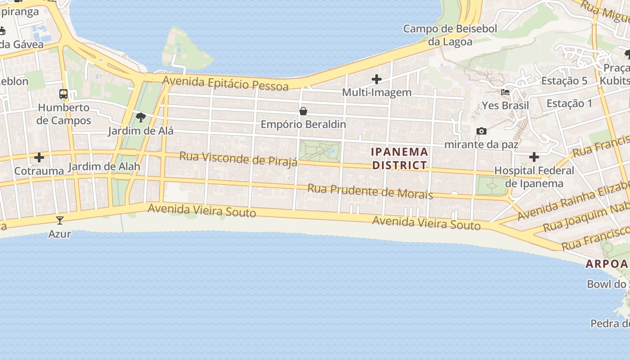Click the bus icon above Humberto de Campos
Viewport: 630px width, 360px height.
point(63,94)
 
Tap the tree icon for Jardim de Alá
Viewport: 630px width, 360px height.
point(141,118)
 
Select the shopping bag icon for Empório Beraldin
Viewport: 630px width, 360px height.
point(303,111)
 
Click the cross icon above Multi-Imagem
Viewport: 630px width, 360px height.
point(377,79)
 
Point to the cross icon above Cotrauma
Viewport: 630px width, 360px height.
point(39,157)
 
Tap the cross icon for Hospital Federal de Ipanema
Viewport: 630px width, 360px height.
point(534,157)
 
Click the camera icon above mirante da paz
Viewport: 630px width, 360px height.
point(481,131)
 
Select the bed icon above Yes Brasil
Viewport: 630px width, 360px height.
point(505,92)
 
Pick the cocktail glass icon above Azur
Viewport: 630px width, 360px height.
point(60,220)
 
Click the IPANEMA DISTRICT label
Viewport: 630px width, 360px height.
point(400,158)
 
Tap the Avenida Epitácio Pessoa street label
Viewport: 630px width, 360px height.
point(225,83)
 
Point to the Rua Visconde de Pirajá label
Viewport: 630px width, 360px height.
point(238,159)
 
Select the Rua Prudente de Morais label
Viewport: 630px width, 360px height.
point(370,191)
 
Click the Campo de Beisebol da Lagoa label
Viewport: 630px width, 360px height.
point(450,36)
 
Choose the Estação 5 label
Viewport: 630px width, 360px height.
point(564,81)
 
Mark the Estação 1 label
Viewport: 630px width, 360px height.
point(569,103)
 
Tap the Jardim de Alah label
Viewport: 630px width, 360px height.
point(104,166)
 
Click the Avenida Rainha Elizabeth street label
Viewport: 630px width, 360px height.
point(574,200)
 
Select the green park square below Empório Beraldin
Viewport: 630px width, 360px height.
point(320,151)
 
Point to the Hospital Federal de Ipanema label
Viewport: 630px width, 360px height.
point(534,177)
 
